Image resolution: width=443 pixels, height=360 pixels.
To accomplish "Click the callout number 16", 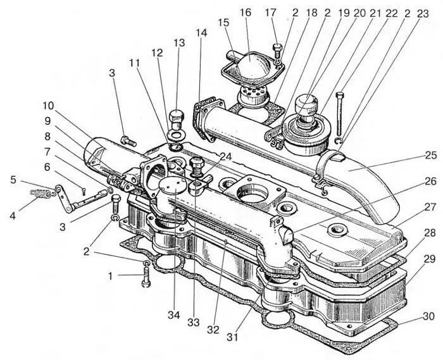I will (x=246, y=13).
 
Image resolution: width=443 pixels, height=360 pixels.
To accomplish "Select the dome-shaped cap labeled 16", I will (x=251, y=66).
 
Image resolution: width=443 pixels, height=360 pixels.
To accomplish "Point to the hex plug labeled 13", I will (x=177, y=118).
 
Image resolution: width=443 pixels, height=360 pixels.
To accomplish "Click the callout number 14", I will (x=201, y=31).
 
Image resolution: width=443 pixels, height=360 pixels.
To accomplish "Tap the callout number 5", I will (x=14, y=179).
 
